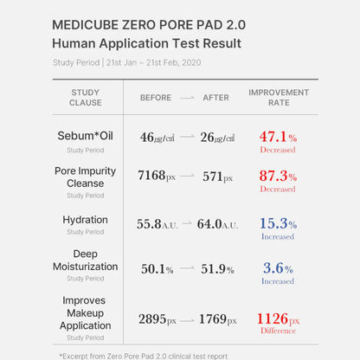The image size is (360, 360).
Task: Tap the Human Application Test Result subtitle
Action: click(146, 43)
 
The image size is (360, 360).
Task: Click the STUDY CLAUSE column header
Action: click(85, 97)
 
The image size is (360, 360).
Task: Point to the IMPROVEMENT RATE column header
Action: click(278, 97)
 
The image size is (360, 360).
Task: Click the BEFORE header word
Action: click(156, 98)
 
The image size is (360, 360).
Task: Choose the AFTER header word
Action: click(215, 98)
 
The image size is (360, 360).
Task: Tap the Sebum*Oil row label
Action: click(85, 136)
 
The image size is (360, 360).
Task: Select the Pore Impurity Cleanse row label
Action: click(85, 177)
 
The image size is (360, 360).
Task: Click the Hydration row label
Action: click(85, 220)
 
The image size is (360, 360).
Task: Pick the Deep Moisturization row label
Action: click(85, 260)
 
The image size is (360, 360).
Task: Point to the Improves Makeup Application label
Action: click(85, 312)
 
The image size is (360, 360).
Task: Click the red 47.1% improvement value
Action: click(278, 137)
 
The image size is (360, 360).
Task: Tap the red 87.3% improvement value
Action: click(278, 176)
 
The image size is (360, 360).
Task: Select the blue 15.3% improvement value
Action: click(278, 223)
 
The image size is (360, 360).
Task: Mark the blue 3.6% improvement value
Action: click(278, 268)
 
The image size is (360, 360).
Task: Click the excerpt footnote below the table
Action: click(144, 355)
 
